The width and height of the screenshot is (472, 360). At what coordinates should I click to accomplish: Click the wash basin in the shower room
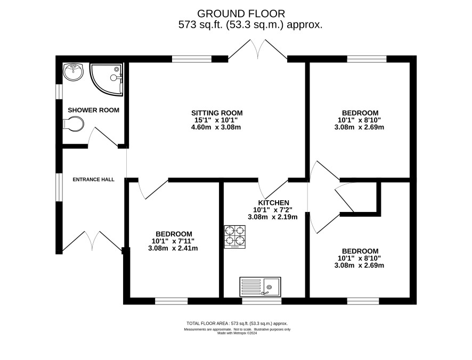tap(73, 72)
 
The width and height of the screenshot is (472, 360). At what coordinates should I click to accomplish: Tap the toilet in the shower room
tap(73, 124)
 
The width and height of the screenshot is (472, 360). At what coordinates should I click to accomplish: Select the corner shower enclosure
tap(106, 79)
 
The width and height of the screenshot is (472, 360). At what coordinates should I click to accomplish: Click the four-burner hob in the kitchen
tap(235, 237)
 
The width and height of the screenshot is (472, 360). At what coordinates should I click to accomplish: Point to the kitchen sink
tap(261, 287)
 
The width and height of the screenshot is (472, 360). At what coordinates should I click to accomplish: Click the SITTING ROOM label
tap(217, 113)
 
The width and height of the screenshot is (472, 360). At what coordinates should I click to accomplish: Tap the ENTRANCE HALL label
tap(94, 179)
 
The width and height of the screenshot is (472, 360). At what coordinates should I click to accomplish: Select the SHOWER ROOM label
tap(94, 110)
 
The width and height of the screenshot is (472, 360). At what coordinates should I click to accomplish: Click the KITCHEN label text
tap(274, 203)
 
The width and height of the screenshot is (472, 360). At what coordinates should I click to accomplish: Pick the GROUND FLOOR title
tap(241, 13)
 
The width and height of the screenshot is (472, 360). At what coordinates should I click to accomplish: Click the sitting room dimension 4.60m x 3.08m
tap(216, 127)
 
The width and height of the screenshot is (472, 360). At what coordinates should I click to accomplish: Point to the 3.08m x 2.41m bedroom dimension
tap(173, 249)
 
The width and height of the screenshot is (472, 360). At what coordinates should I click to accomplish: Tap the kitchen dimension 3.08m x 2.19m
tap(273, 217)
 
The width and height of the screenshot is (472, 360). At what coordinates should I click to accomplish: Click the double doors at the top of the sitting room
tap(258, 49)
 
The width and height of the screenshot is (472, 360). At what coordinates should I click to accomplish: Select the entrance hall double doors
tap(92, 241)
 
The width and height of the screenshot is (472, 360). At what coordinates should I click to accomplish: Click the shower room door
tap(103, 137)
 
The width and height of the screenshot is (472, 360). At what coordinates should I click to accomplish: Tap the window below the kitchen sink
tap(262, 301)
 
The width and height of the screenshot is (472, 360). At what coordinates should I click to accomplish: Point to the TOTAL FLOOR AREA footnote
tap(237, 324)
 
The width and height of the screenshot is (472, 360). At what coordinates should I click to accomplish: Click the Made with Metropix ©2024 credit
tap(237, 333)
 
